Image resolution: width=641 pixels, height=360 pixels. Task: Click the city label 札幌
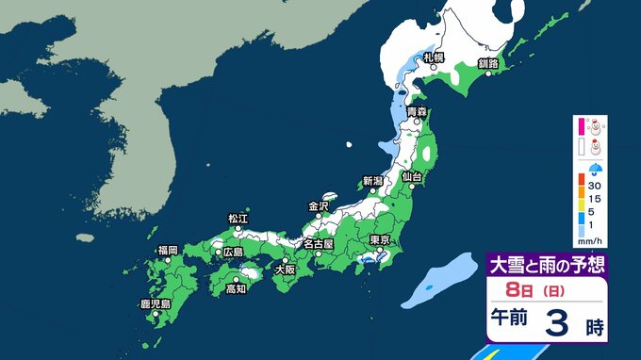click(434, 58)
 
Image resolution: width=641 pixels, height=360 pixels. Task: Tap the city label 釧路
click(488, 63)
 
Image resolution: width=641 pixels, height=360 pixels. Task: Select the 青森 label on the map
click(418, 112)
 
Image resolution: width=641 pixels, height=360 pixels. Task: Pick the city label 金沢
click(319, 205)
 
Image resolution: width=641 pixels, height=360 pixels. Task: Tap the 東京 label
click(381, 239)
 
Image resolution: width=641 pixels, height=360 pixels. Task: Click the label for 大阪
click(284, 270)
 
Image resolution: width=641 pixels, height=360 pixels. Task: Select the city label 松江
click(238, 219)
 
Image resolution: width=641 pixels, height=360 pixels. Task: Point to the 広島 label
click(231, 253)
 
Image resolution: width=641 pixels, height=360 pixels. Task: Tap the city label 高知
click(237, 289)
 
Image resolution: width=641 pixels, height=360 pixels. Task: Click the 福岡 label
click(168, 250)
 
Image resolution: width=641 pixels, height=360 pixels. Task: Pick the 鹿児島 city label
click(154, 304)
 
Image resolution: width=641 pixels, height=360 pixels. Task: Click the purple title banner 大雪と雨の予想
click(544, 265)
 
